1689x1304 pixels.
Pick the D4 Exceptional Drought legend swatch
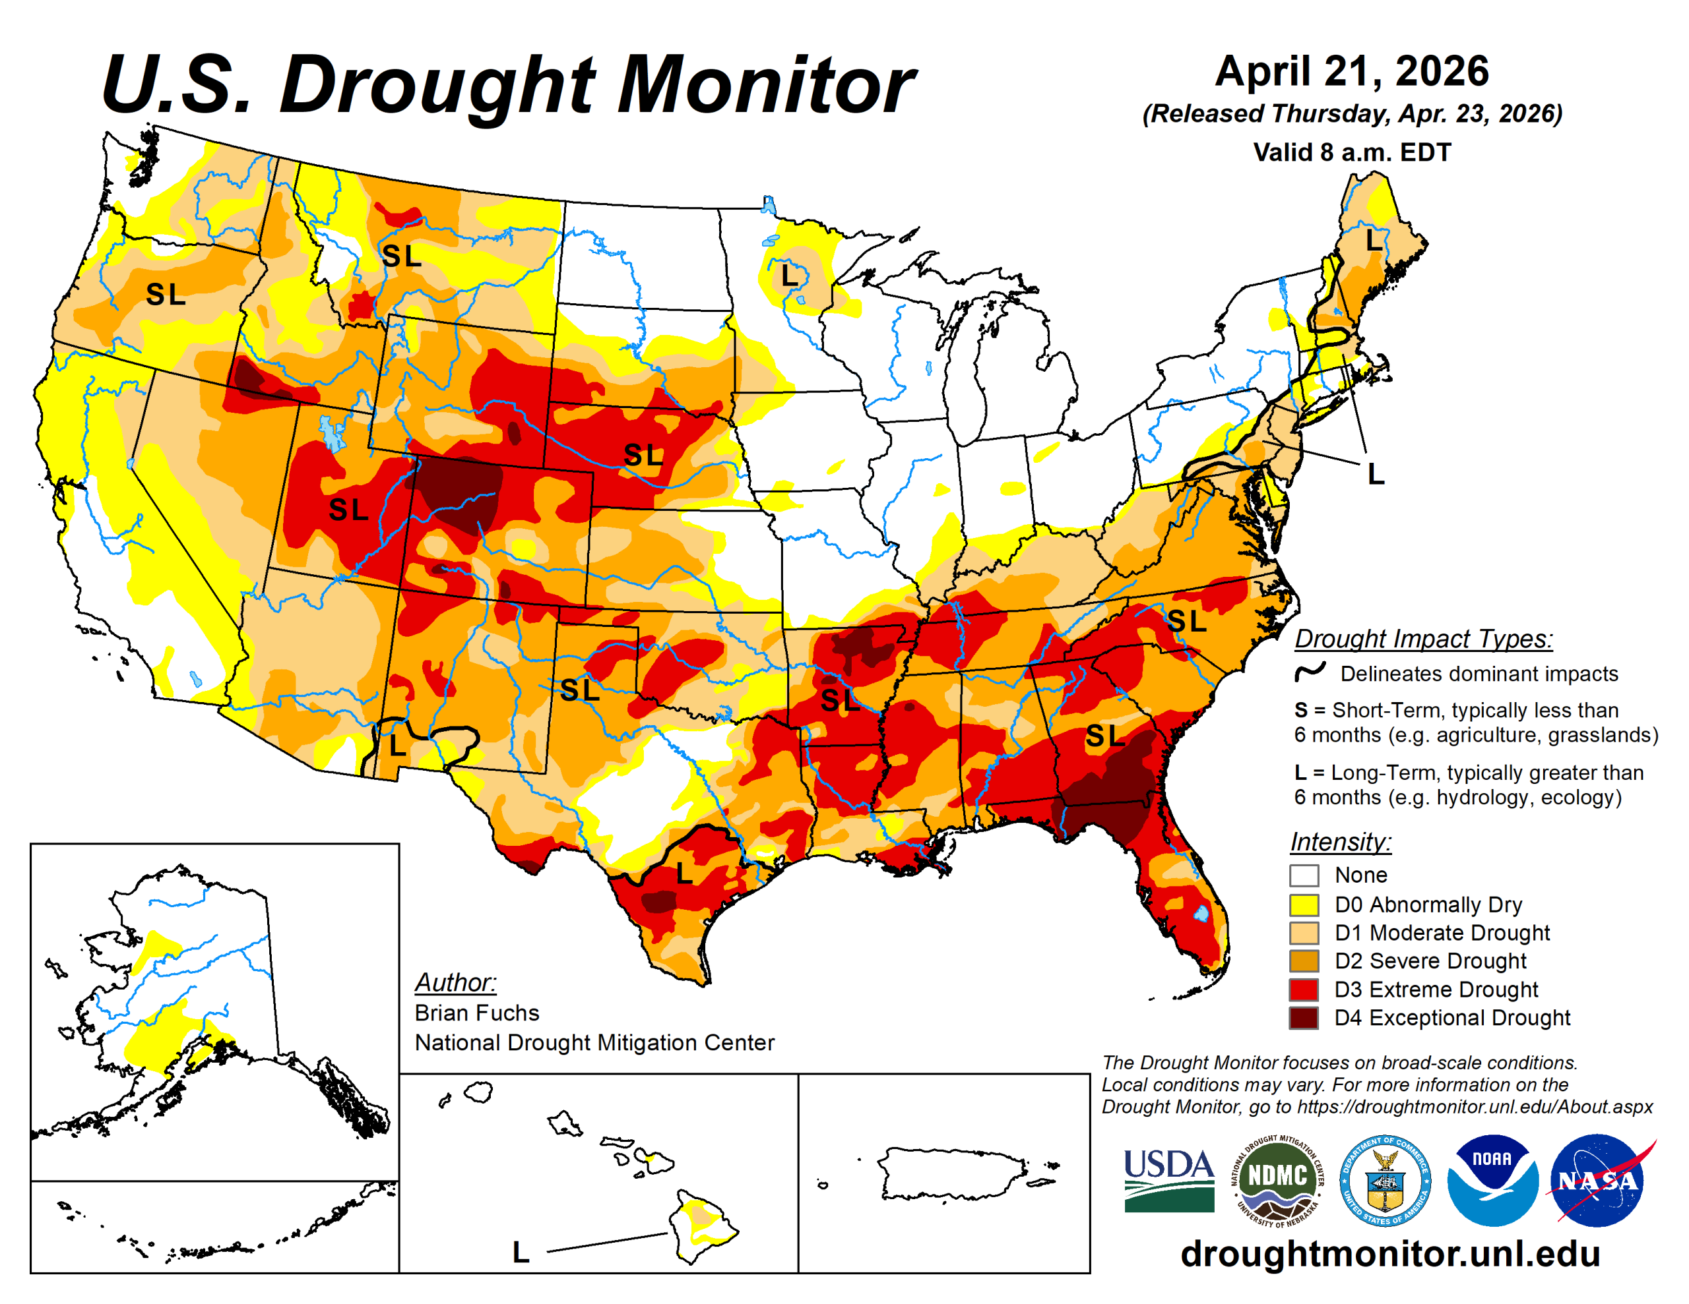pos(1303,1017)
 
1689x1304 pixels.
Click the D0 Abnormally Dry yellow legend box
pos(1303,904)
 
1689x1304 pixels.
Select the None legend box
pos(1303,875)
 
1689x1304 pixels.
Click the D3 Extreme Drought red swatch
pos(1303,990)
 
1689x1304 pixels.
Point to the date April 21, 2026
pos(1351,71)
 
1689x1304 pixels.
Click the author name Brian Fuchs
pos(476,1013)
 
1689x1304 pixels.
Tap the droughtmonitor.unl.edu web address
pos(1389,1254)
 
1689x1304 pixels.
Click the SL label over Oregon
pos(166,295)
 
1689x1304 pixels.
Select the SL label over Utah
pos(348,510)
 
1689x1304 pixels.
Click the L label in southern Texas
pos(684,874)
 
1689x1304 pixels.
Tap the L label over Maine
pos(1374,241)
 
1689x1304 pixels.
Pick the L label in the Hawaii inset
pos(521,1252)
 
